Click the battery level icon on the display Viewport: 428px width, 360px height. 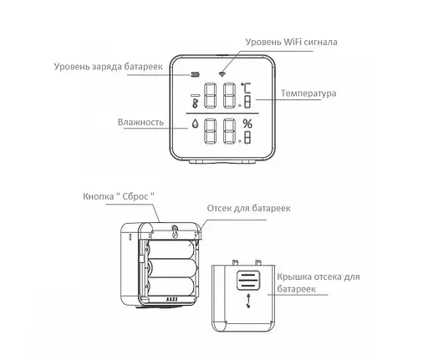tap(195, 73)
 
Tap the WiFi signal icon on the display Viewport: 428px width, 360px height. tap(222, 72)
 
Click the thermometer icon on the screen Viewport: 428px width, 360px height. tap(195, 103)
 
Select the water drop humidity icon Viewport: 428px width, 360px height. tap(195, 128)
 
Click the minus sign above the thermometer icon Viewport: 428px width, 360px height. tap(195, 93)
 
